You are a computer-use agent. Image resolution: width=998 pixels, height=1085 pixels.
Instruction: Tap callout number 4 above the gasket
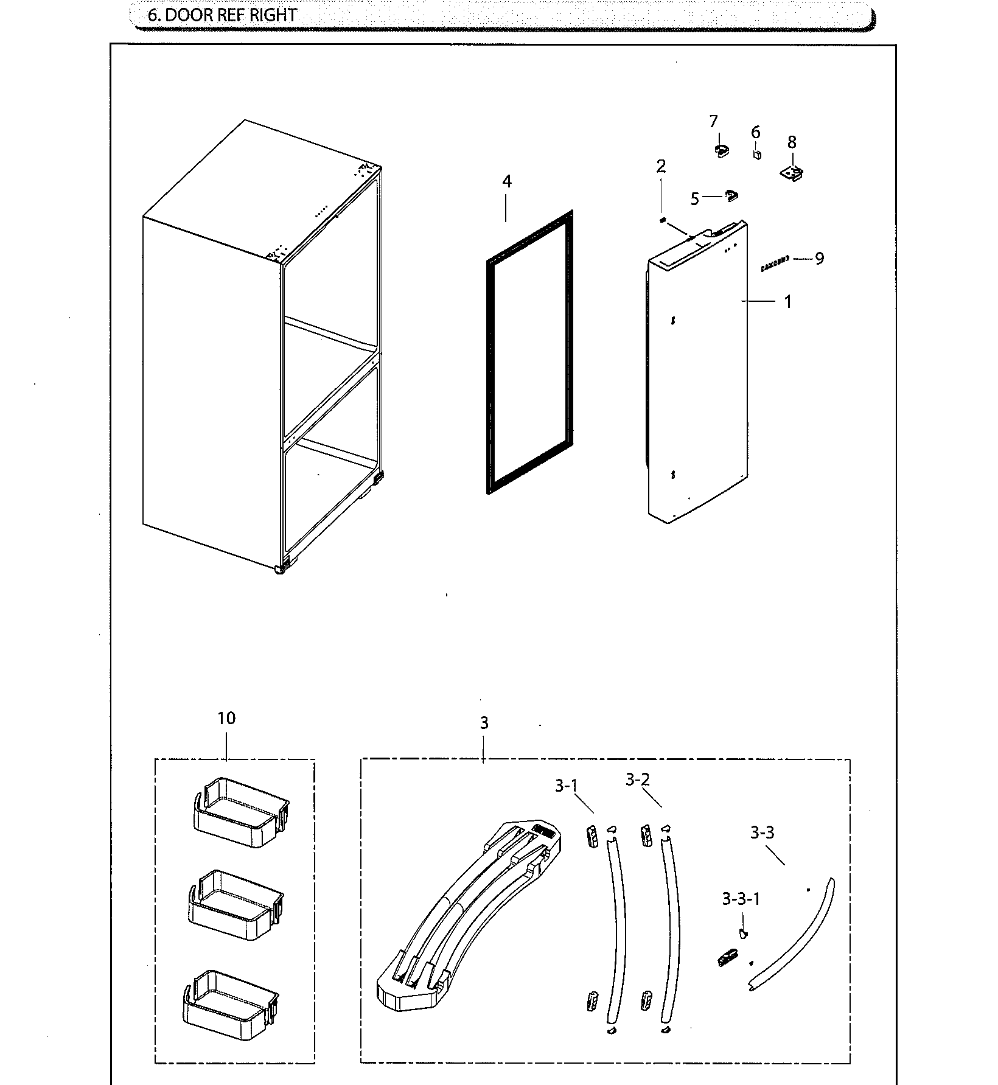(x=506, y=181)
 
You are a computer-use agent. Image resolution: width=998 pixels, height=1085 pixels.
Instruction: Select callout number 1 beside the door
(x=787, y=301)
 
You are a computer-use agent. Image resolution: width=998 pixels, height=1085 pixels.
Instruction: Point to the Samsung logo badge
(x=775, y=263)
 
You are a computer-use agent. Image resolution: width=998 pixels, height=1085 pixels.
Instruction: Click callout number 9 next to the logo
(x=819, y=259)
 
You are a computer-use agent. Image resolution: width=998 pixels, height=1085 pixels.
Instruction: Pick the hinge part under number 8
(x=792, y=173)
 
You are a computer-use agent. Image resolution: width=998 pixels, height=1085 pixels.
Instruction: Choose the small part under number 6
(x=756, y=155)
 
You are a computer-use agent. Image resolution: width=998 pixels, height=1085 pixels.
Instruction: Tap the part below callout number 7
(x=721, y=150)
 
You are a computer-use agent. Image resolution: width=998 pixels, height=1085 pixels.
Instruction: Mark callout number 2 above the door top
(x=661, y=167)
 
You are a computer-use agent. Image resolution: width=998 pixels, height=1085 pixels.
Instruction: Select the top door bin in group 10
(x=240, y=812)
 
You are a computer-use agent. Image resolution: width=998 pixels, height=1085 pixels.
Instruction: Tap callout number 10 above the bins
(x=226, y=718)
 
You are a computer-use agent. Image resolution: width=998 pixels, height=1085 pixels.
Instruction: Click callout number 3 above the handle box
(x=484, y=723)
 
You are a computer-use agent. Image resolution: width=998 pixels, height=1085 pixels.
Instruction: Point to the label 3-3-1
(x=741, y=899)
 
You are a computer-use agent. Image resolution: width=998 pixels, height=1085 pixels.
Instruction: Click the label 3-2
(x=637, y=780)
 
